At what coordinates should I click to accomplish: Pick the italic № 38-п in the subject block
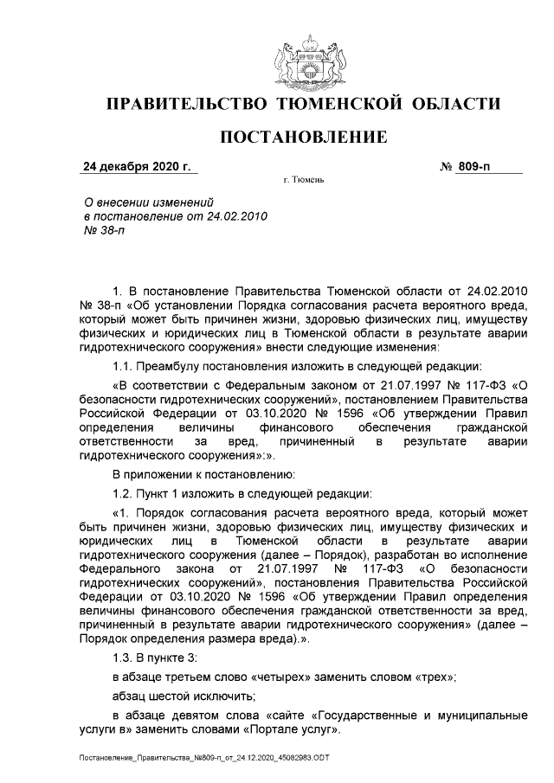[x=100, y=232]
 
